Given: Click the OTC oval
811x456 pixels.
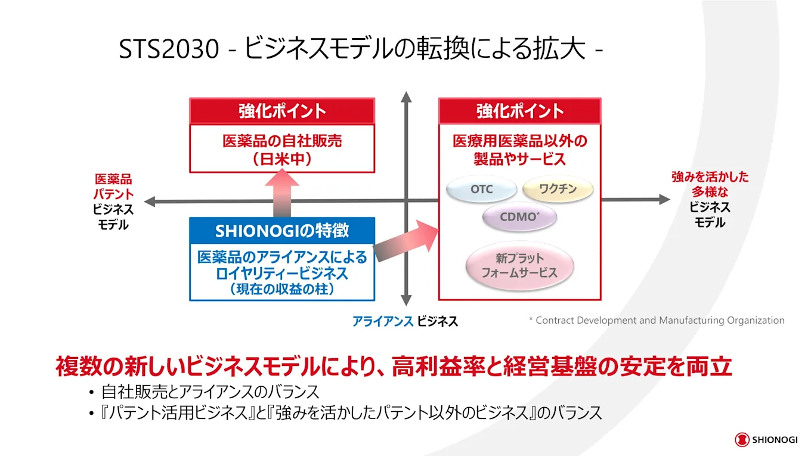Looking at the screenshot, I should click(x=482, y=190).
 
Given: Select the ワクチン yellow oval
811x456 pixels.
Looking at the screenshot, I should click(x=558, y=190).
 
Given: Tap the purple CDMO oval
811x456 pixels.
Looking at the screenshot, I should click(x=519, y=218).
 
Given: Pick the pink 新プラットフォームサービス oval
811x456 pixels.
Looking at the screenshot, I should click(x=519, y=266).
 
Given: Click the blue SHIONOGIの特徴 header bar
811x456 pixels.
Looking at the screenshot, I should click(x=282, y=230).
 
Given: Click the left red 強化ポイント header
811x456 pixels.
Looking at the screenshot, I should click(x=282, y=111).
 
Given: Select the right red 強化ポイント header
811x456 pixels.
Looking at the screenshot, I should click(x=520, y=111).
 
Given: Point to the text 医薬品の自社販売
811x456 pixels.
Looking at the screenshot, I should click(x=282, y=142).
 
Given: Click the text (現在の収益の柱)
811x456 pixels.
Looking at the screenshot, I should click(x=282, y=290).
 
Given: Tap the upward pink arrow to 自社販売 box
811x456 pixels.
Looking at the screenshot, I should click(x=282, y=192).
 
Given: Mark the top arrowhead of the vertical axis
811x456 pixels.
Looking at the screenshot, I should click(x=406, y=97).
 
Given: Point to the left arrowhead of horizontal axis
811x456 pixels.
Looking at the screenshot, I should click(x=150, y=201).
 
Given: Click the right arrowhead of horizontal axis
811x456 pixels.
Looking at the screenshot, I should click(x=664, y=200).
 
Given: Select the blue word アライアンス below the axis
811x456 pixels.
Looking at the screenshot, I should click(x=382, y=321).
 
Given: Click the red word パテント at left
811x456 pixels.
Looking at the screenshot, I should click(x=113, y=194).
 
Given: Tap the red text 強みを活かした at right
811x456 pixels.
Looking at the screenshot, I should click(x=710, y=177).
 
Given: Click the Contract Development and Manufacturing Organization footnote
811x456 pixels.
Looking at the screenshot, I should click(x=657, y=321).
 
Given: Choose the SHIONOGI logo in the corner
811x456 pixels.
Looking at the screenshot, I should click(x=766, y=440).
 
